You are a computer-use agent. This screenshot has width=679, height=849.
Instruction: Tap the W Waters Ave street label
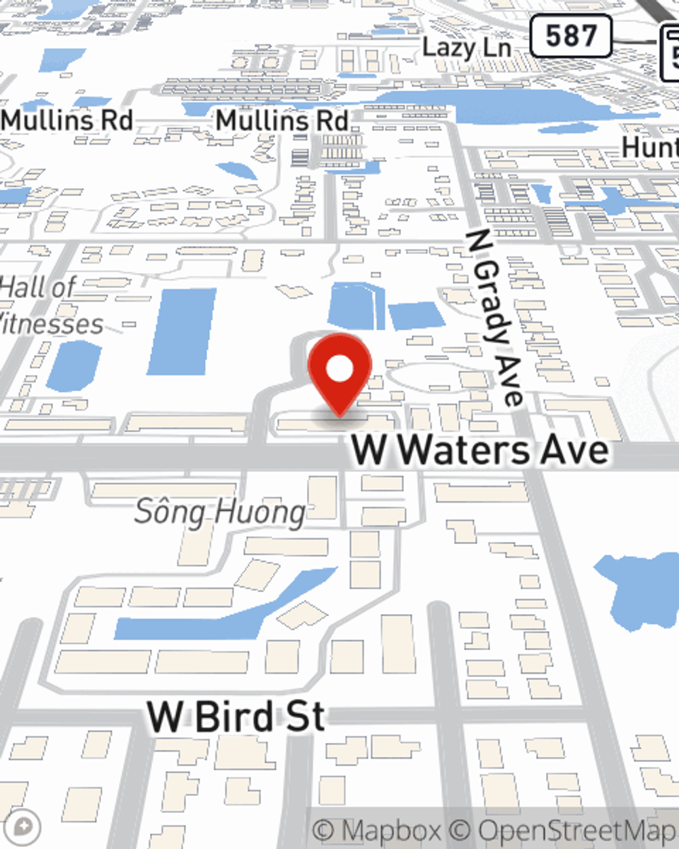tap(479, 450)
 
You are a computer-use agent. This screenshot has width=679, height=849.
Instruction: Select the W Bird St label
tap(236, 716)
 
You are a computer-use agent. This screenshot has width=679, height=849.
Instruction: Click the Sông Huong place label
tap(219, 512)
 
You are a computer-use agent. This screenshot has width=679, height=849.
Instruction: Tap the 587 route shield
tap(570, 36)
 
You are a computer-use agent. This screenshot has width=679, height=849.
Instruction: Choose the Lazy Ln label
tap(466, 48)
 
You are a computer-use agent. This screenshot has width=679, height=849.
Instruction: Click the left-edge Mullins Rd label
tap(67, 121)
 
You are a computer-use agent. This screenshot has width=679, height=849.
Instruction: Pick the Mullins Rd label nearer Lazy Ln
tap(282, 121)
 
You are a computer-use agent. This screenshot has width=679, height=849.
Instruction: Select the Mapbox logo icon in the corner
tap(22, 827)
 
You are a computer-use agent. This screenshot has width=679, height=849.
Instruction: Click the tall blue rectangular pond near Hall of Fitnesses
tap(182, 331)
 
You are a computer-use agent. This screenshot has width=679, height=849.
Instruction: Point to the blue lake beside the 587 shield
tap(516, 105)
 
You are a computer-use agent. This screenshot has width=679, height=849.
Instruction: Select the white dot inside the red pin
tap(339, 369)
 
